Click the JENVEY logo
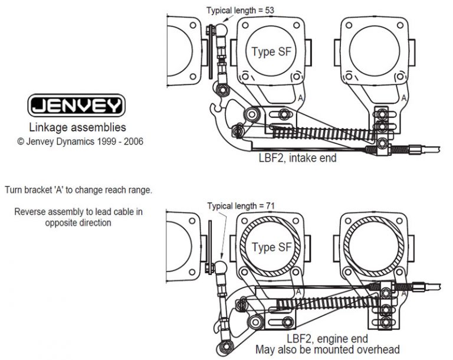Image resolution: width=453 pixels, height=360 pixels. [77, 106]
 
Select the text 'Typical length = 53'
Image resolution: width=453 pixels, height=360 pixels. [240, 10]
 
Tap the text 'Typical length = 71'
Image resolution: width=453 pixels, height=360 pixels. [241, 205]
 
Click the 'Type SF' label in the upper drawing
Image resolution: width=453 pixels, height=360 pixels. [271, 51]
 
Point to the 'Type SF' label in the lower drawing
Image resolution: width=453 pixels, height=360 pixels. [271, 247]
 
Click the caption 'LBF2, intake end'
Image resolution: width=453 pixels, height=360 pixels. [297, 158]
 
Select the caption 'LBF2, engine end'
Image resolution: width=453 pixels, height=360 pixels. [327, 339]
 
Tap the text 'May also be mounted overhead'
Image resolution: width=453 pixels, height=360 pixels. [327, 349]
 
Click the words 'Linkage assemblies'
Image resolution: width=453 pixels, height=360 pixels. [77, 127]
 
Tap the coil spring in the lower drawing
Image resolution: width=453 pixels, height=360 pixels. [319, 297]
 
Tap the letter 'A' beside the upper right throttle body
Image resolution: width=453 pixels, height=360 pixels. [403, 99]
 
